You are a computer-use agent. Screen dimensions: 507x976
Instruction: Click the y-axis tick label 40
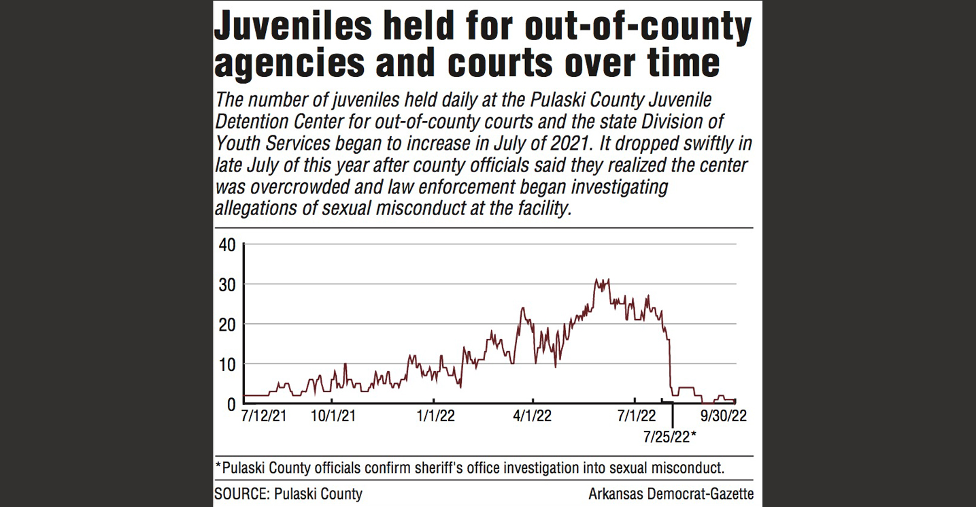(x=226, y=244)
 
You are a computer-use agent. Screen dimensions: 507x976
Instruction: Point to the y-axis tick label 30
(x=226, y=284)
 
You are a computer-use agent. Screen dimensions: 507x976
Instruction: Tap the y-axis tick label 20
(x=226, y=324)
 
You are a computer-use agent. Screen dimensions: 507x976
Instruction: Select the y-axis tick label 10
(x=226, y=364)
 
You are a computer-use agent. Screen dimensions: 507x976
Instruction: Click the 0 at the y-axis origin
(x=231, y=404)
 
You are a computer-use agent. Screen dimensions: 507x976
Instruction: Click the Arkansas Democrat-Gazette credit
(x=671, y=494)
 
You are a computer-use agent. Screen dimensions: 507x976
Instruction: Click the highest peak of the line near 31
(x=596, y=280)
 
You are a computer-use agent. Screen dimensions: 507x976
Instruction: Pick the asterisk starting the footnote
(x=217, y=467)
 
